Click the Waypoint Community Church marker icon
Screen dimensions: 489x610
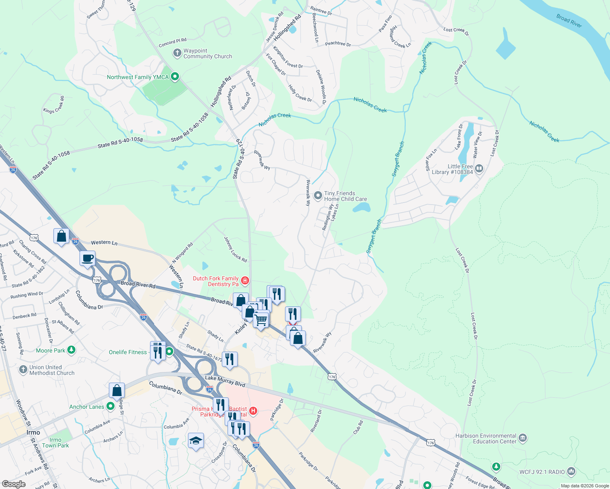(177, 53)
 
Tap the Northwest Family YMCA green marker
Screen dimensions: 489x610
(175, 76)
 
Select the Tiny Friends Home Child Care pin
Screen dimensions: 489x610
(318, 196)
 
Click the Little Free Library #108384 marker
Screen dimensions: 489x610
(479, 168)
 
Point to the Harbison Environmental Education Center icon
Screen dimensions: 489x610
(523, 438)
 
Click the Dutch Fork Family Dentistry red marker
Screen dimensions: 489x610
(245, 280)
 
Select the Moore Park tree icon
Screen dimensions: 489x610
(71, 350)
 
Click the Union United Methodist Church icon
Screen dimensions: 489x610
(23, 370)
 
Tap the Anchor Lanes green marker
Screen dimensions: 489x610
(110, 406)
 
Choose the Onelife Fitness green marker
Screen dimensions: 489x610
(169, 351)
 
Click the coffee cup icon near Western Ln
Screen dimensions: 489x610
(88, 258)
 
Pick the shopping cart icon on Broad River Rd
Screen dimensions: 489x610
(261, 319)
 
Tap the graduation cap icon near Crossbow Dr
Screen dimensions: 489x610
(196, 441)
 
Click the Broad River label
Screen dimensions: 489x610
(569, 21)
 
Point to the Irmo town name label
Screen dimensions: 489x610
(33, 432)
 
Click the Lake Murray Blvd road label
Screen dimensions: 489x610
(225, 381)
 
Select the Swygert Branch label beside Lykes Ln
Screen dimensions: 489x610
(374, 236)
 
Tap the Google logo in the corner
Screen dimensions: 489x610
(13, 484)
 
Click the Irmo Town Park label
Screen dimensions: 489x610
(55, 443)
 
